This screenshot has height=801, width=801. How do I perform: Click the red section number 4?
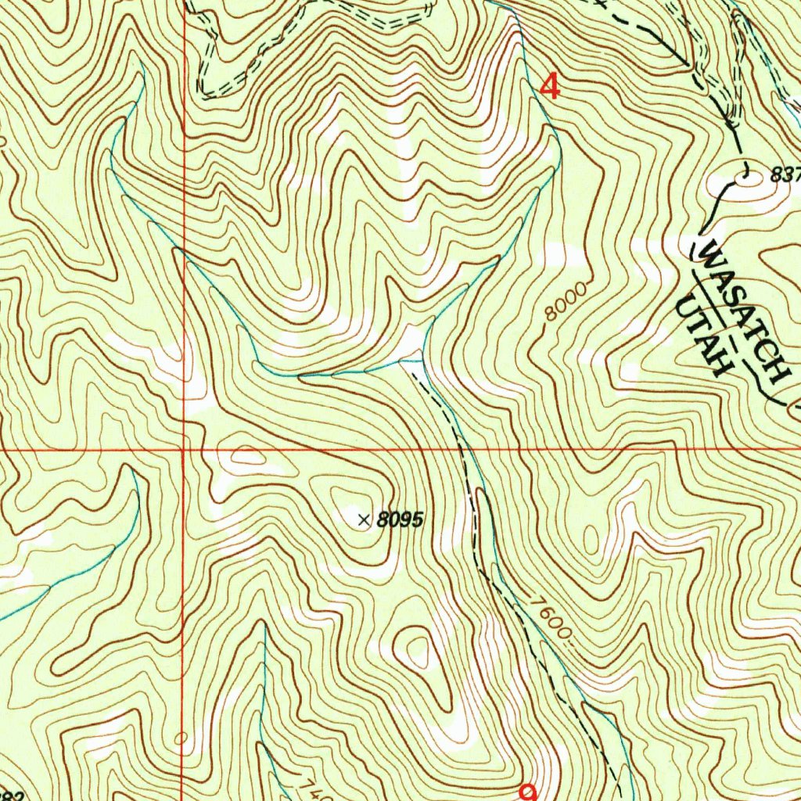551,86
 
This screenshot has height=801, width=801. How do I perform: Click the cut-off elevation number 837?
785,176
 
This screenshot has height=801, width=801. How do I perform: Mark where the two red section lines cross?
182,451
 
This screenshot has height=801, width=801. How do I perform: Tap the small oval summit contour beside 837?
739,186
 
